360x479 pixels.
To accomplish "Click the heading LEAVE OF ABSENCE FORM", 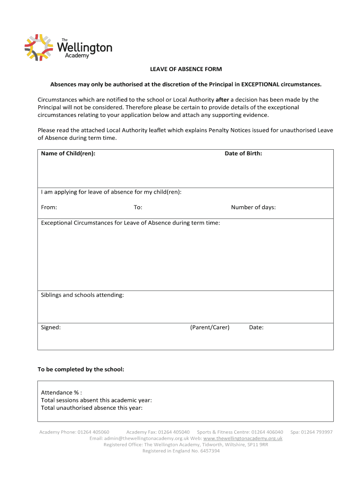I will click(186, 69).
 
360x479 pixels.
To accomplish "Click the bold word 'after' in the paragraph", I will click(222, 100).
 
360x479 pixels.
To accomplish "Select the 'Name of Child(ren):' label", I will click(68, 153).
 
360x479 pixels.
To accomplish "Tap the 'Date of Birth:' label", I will click(243, 153).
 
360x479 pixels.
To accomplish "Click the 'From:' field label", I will click(49, 207).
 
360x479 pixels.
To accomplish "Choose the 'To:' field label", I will click(138, 207).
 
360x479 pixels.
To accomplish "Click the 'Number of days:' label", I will click(253, 207).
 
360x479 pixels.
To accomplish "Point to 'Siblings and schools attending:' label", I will click(82, 295).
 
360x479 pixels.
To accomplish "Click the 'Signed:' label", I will click(50, 327).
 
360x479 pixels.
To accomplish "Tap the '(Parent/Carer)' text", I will click(209, 327).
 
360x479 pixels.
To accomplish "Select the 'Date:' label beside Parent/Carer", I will click(256, 327).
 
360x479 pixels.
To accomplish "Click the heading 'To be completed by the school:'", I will click(81, 370).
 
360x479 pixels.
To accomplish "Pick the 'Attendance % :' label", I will click(61, 393).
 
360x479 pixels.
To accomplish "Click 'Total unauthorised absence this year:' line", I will click(92, 408).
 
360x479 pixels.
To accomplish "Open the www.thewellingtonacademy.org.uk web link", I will click(243, 439).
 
